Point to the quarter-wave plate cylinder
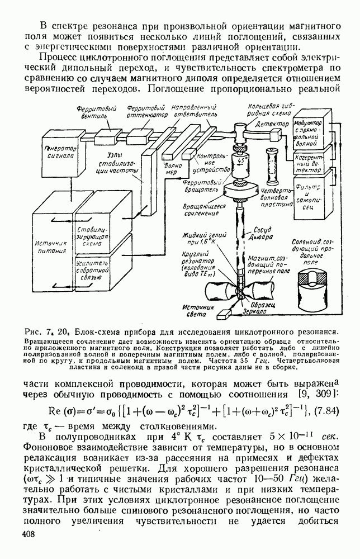pos(274,166)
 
